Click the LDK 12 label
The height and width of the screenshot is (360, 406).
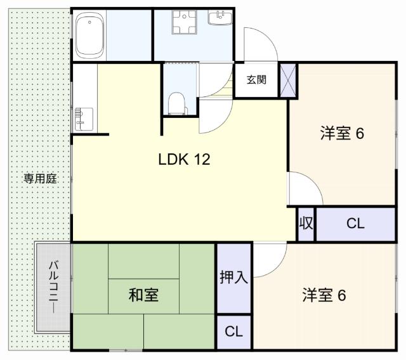184,160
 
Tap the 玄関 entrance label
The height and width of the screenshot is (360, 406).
256,80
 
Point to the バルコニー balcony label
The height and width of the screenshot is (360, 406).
53,286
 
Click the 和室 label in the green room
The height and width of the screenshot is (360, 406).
143,295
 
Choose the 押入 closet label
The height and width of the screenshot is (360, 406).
233,278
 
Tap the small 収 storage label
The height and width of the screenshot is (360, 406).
305,223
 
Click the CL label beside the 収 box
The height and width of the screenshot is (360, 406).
355,223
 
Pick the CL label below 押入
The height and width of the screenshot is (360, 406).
233,331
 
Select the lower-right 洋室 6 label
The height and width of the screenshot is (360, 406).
324,295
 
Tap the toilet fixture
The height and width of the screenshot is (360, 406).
178,103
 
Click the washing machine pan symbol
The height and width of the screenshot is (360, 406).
187,25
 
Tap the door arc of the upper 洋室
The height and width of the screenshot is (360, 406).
304,188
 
